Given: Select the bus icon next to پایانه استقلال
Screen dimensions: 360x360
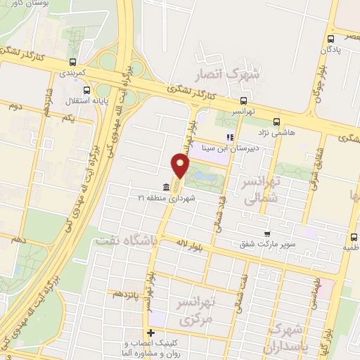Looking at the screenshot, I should [86, 90].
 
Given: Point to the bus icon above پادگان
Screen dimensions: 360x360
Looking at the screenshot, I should [331, 39].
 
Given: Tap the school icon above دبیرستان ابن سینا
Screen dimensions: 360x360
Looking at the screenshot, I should [228, 137].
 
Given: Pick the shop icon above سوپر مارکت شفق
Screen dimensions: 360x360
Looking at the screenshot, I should [266, 234].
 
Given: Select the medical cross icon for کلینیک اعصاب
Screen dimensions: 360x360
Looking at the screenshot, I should [150, 332].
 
